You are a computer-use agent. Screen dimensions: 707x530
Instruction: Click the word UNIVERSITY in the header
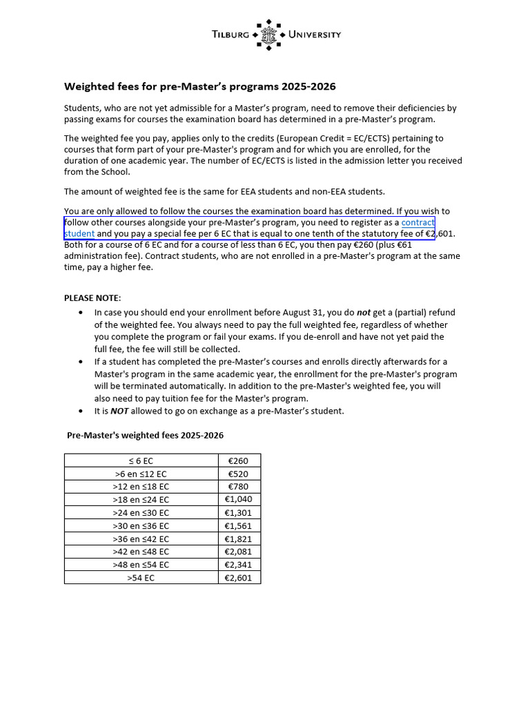tap(314, 35)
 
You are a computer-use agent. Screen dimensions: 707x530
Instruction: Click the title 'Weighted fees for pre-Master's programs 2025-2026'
tap(199, 86)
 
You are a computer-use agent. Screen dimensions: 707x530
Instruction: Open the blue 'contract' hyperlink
tap(418, 222)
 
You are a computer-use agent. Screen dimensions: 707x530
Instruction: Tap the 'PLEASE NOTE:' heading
tap(92, 298)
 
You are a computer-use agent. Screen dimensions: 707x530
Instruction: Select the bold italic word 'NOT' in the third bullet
tap(120, 411)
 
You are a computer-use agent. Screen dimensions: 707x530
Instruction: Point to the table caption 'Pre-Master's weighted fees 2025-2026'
tap(145, 436)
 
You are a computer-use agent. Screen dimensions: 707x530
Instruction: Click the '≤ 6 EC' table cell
tap(141, 461)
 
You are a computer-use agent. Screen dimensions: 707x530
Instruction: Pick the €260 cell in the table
tap(238, 461)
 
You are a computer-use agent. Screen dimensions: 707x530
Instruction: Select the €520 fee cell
tap(238, 474)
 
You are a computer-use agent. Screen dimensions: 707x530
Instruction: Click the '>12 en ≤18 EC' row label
tap(141, 487)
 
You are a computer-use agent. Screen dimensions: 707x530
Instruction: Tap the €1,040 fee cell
tap(238, 499)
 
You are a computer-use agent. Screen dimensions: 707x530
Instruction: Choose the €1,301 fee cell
tap(238, 512)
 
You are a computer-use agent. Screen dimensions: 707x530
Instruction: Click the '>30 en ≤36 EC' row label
tap(141, 525)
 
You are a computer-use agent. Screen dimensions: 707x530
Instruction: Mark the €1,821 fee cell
tap(238, 539)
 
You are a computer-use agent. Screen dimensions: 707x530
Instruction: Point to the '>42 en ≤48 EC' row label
tap(141, 551)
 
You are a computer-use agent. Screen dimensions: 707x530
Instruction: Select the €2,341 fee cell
tap(238, 564)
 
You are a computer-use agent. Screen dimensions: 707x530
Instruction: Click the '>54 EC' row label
tap(141, 577)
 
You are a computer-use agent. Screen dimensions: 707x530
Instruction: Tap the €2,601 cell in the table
tap(238, 577)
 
